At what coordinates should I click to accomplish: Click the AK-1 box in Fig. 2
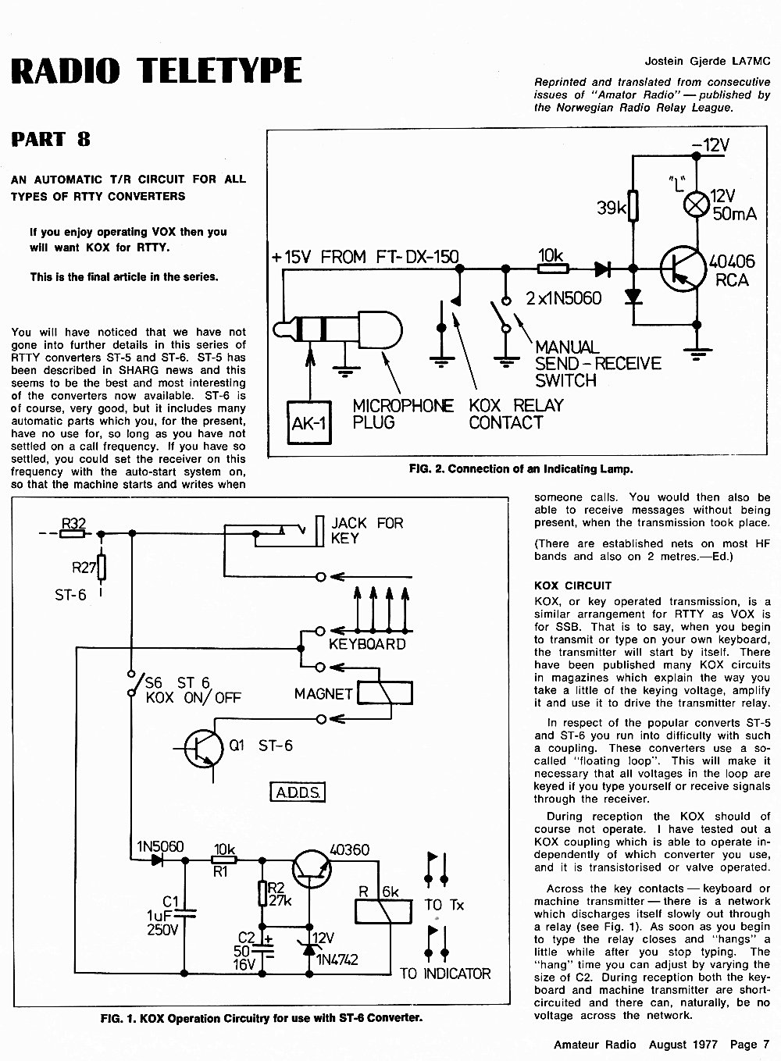[309, 422]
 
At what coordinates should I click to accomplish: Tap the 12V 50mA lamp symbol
[696, 205]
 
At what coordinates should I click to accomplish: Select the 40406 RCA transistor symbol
[683, 269]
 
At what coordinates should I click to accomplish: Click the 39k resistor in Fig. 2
[633, 205]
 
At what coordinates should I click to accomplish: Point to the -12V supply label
[710, 145]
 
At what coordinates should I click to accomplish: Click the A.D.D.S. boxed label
[298, 792]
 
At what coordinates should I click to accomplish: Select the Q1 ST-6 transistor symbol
[203, 749]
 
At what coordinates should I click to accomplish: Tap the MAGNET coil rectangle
[385, 693]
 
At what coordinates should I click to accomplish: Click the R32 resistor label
[74, 523]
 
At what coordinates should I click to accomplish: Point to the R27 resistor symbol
[101, 567]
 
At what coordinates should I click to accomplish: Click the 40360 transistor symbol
[312, 868]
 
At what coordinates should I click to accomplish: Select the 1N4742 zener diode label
[337, 960]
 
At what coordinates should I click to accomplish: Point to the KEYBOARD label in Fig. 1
[367, 644]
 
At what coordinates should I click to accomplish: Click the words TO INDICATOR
[445, 974]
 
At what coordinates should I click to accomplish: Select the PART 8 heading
[51, 139]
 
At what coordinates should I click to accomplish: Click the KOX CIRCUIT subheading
[572, 586]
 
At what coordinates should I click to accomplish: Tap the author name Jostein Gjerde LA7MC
[707, 61]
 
